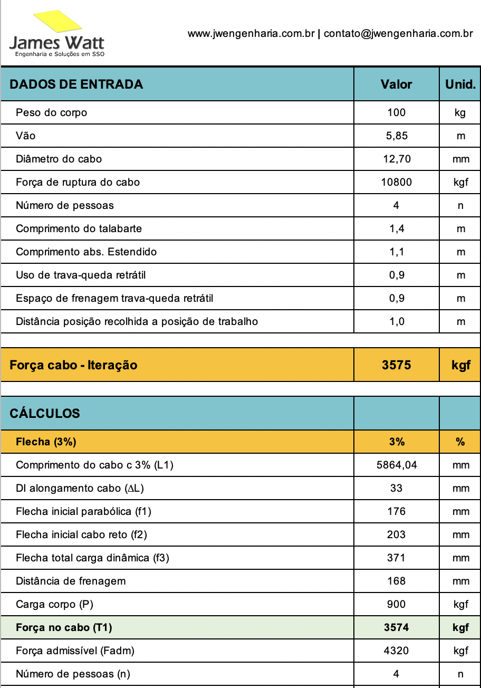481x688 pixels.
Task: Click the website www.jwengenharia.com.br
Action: click(x=251, y=34)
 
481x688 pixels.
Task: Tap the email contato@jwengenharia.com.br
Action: click(x=398, y=34)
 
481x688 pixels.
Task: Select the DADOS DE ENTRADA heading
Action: click(x=76, y=84)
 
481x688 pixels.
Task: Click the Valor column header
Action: click(x=396, y=84)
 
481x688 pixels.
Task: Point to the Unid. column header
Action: click(x=460, y=84)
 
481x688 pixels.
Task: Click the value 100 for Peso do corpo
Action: click(x=396, y=112)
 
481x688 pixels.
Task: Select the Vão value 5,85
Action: click(x=396, y=136)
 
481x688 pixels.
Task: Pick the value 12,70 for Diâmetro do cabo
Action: click(x=396, y=159)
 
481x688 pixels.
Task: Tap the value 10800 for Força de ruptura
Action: click(x=396, y=182)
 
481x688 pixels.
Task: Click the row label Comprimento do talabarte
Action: click(x=79, y=228)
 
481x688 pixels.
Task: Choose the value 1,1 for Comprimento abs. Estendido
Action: click(x=396, y=252)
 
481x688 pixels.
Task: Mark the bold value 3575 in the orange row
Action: click(x=396, y=365)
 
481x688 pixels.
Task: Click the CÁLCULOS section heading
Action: click(x=45, y=414)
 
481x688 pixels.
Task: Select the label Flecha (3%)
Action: click(x=46, y=442)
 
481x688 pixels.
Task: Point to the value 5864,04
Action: click(x=396, y=465)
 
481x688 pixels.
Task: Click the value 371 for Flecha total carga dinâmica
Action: click(x=396, y=558)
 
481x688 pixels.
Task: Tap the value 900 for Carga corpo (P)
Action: click(x=396, y=604)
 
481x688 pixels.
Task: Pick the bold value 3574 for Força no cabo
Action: click(x=396, y=627)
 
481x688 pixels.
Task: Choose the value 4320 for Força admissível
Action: click(x=396, y=651)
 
